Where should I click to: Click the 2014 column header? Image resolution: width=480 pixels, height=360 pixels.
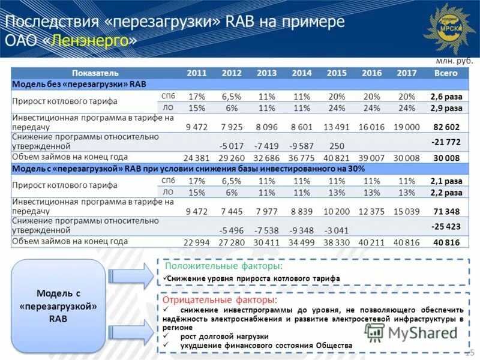tap(302, 73)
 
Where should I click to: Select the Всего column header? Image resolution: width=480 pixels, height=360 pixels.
tap(446, 73)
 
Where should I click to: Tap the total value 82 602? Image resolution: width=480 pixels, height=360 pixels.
tap(446, 127)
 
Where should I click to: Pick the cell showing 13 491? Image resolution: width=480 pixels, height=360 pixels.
tap(336, 127)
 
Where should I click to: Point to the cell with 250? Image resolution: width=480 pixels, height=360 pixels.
tap(337, 146)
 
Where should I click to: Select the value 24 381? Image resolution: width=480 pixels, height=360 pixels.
tap(196, 158)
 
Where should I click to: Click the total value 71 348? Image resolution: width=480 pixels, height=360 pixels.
tap(446, 211)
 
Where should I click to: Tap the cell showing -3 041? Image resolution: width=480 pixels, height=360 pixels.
tap(336, 230)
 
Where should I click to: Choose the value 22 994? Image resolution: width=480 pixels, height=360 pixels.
tap(196, 242)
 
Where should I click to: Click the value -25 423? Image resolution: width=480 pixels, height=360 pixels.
tap(446, 226)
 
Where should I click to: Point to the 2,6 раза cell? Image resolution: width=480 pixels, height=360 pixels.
tap(446, 97)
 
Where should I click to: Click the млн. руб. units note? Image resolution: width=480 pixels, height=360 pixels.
tap(454, 61)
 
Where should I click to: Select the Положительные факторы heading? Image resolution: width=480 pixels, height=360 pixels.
tap(224, 266)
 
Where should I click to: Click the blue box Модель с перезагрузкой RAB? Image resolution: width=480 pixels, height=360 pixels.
tap(58, 306)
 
